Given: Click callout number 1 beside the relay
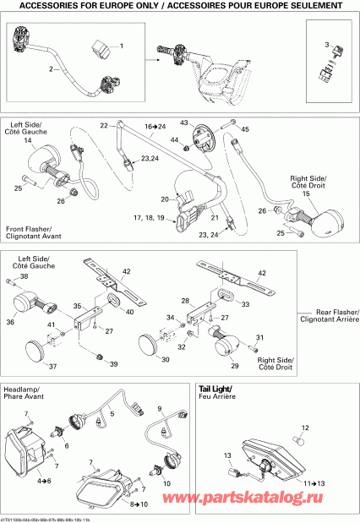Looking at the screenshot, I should coord(120,46).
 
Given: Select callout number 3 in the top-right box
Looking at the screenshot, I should coord(326,42).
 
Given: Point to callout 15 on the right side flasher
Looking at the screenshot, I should coord(307,194).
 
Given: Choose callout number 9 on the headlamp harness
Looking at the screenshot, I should coord(157,408).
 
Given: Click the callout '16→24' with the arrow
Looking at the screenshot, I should coord(155,124).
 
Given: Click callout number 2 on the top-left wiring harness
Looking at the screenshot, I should coord(51,68).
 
